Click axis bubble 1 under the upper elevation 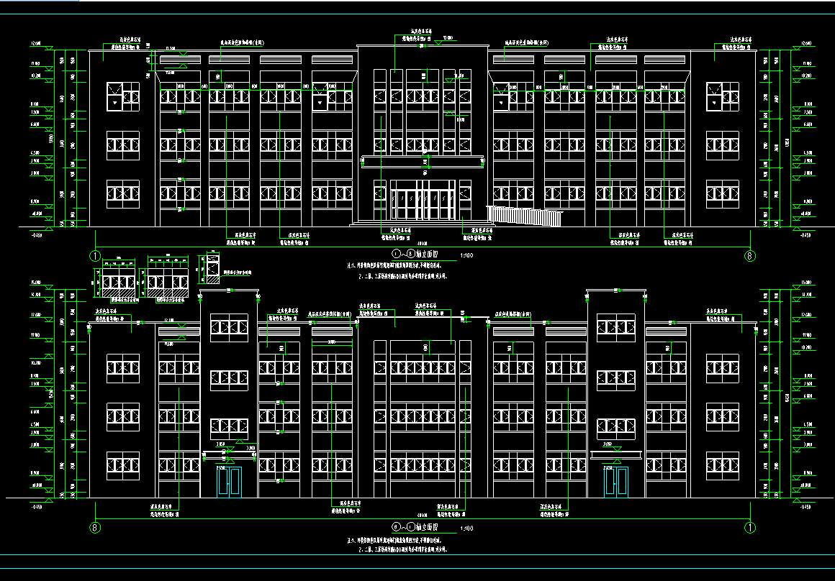(94, 255)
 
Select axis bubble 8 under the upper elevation (749, 255)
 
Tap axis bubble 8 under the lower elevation (94, 527)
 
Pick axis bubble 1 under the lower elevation (749, 527)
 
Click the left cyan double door (230, 482)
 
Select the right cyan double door (617, 482)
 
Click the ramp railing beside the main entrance (523, 215)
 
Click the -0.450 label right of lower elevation (805, 507)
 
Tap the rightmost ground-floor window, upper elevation (722, 193)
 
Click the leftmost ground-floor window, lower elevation (123, 466)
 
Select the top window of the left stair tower (229, 327)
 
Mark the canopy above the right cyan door (615, 454)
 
